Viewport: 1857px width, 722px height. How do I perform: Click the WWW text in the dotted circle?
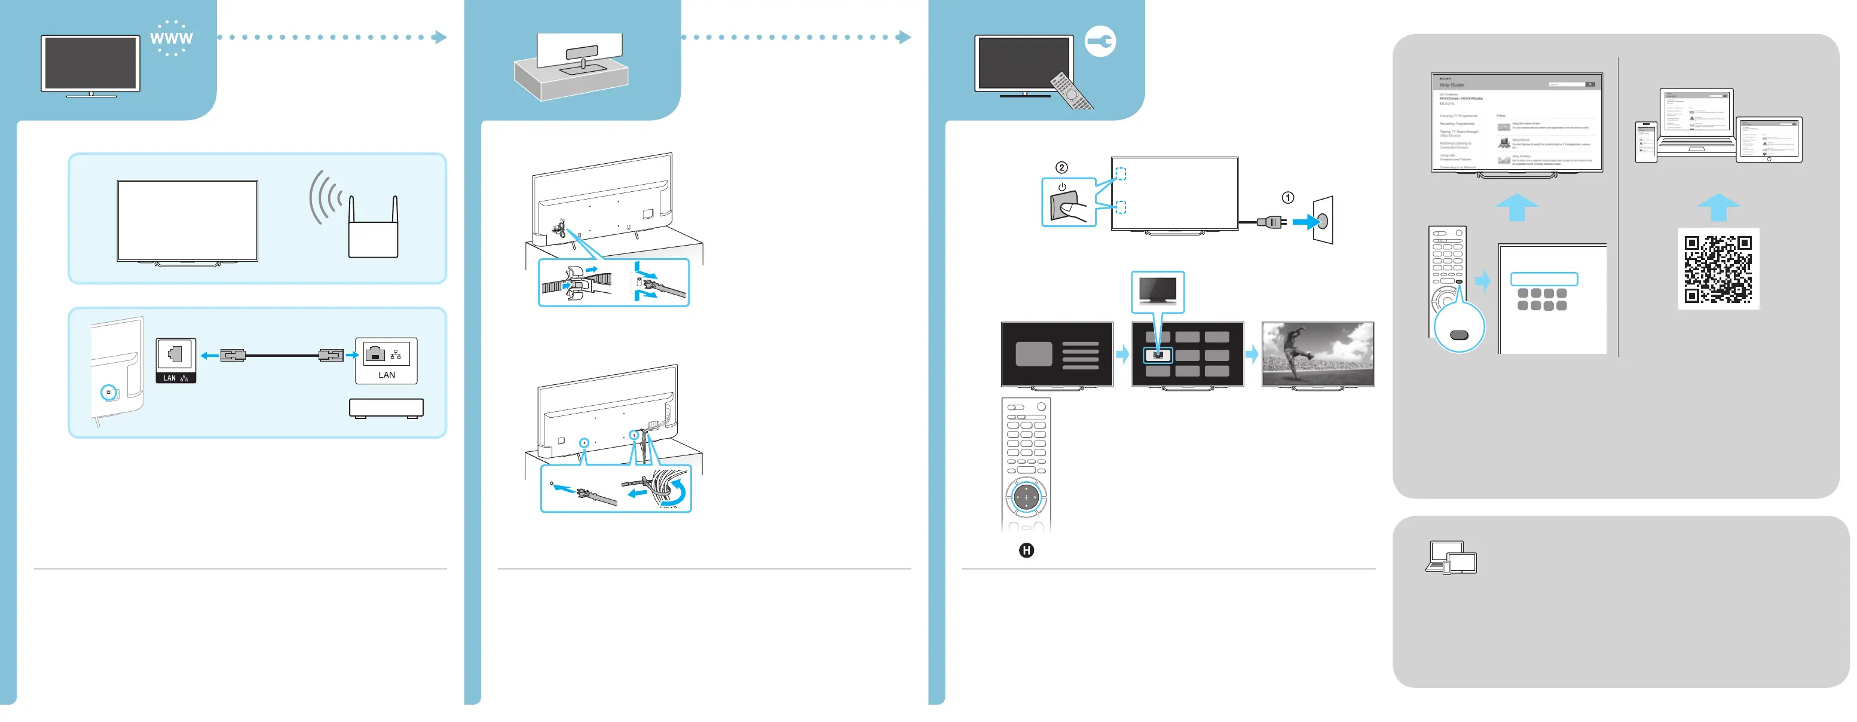[x=171, y=38]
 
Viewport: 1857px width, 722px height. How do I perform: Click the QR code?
[x=1718, y=269]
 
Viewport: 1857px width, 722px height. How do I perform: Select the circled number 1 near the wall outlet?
[x=1287, y=197]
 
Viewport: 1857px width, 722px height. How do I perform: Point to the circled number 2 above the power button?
[x=1061, y=167]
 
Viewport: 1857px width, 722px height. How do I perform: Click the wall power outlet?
[x=1323, y=220]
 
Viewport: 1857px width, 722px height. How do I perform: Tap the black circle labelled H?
[x=1026, y=550]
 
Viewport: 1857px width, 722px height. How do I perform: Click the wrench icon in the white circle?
[x=1101, y=42]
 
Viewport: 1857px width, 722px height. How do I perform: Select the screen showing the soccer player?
[x=1317, y=354]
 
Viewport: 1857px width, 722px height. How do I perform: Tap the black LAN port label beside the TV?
[x=175, y=378]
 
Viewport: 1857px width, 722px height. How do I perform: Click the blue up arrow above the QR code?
[x=1718, y=207]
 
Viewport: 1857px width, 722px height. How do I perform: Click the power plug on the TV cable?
[x=1271, y=221]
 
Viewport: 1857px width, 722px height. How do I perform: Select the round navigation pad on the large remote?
[x=1026, y=497]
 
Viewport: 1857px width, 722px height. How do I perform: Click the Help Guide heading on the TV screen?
[x=1452, y=85]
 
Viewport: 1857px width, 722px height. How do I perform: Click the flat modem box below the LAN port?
[x=386, y=408]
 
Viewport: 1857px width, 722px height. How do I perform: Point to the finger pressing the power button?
[x=1073, y=211]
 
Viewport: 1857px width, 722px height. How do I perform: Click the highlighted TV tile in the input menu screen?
[x=1158, y=354]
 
